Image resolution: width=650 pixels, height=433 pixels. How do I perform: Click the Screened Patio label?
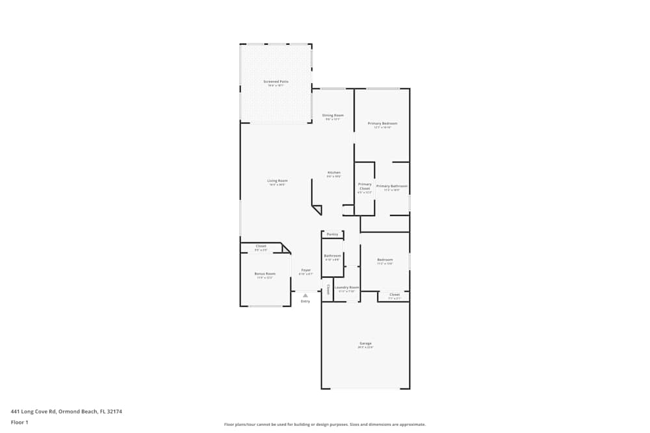pos(276,82)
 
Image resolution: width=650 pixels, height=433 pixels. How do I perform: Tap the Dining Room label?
pos(333,116)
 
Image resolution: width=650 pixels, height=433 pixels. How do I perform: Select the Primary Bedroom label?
pos(382,123)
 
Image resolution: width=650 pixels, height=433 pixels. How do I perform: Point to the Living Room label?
pos(278,180)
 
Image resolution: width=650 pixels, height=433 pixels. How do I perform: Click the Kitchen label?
pos(333,173)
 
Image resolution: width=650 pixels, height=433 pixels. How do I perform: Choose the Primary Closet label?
pos(365,186)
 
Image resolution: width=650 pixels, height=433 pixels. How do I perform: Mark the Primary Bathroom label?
pos(391,186)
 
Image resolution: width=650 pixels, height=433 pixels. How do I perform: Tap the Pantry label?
pos(332,234)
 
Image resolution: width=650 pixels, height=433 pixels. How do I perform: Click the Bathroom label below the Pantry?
pos(333,256)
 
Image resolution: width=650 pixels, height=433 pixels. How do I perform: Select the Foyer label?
pos(305,270)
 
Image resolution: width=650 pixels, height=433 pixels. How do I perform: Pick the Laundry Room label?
pos(347,288)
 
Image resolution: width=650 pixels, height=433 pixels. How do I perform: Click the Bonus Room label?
pos(265,274)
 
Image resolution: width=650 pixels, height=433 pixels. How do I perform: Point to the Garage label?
pos(366,343)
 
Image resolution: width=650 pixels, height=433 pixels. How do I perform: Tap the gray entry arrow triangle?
pos(305,295)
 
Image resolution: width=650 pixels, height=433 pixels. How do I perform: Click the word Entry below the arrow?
pos(305,301)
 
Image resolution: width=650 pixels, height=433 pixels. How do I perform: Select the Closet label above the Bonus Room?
pos(261,246)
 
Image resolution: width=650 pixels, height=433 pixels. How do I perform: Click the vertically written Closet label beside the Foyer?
pos(328,289)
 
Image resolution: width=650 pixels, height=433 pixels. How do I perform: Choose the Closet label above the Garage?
pos(395,295)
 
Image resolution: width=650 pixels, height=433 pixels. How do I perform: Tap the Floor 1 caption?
pos(19,422)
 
